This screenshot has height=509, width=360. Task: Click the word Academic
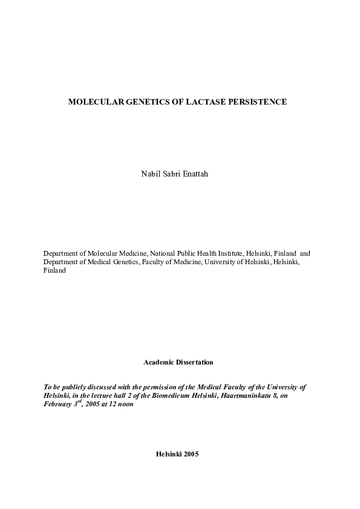point(159,362)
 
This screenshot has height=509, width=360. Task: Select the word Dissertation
point(194,362)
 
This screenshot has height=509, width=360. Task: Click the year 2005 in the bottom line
point(189,453)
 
